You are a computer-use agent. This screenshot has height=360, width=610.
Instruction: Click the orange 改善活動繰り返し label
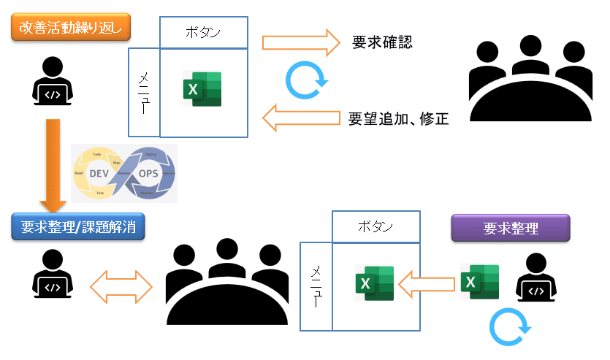(71, 29)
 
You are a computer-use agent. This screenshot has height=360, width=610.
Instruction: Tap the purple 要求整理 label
(511, 229)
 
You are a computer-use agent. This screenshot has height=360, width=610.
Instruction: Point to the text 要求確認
(382, 42)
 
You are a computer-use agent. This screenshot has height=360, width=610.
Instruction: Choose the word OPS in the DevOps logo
(150, 173)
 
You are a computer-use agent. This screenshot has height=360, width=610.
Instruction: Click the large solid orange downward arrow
(53, 164)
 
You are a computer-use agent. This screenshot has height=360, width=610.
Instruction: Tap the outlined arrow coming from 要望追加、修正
(301, 117)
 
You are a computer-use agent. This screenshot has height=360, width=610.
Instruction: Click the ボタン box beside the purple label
(376, 226)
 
